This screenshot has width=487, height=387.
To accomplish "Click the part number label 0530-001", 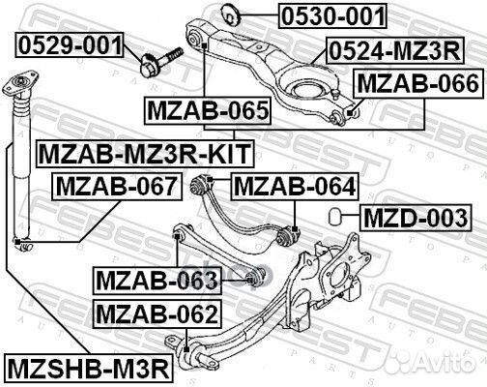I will click(333, 16).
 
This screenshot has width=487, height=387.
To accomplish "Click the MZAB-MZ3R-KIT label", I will click(144, 152).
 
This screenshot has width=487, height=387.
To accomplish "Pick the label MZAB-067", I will click(116, 184).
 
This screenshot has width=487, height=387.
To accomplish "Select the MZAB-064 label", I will click(294, 184).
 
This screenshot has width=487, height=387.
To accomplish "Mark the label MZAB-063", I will click(157, 282).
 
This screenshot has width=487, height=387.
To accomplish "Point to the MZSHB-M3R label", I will click(88, 369).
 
